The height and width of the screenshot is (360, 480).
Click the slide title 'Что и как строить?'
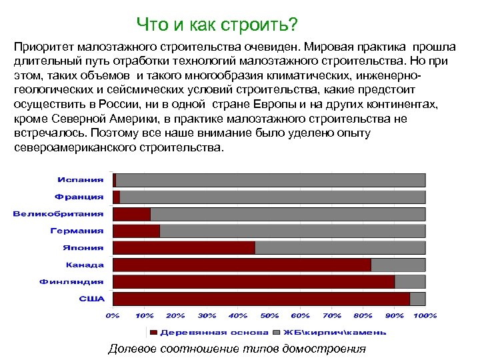coord(217,25)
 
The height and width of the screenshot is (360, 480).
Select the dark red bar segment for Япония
coord(184,247)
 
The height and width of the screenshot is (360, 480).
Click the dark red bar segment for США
coord(261,299)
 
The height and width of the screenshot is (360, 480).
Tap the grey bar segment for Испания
coord(270,180)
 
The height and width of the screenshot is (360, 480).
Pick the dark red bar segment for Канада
coord(242,265)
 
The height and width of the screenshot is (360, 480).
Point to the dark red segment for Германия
coord(137,231)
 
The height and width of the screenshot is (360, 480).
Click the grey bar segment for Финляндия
coord(409,281)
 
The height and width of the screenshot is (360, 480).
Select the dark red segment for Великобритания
coord(132,214)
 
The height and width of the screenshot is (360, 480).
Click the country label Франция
coord(79,197)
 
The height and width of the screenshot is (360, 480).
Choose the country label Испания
coord(81,180)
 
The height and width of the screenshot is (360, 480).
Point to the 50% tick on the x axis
coord(269,315)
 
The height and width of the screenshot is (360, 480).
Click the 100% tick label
coord(425,315)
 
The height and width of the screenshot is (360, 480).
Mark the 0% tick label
coord(112,315)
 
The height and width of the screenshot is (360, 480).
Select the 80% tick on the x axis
coord(363,315)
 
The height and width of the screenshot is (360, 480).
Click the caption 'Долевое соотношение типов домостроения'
coord(237,349)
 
